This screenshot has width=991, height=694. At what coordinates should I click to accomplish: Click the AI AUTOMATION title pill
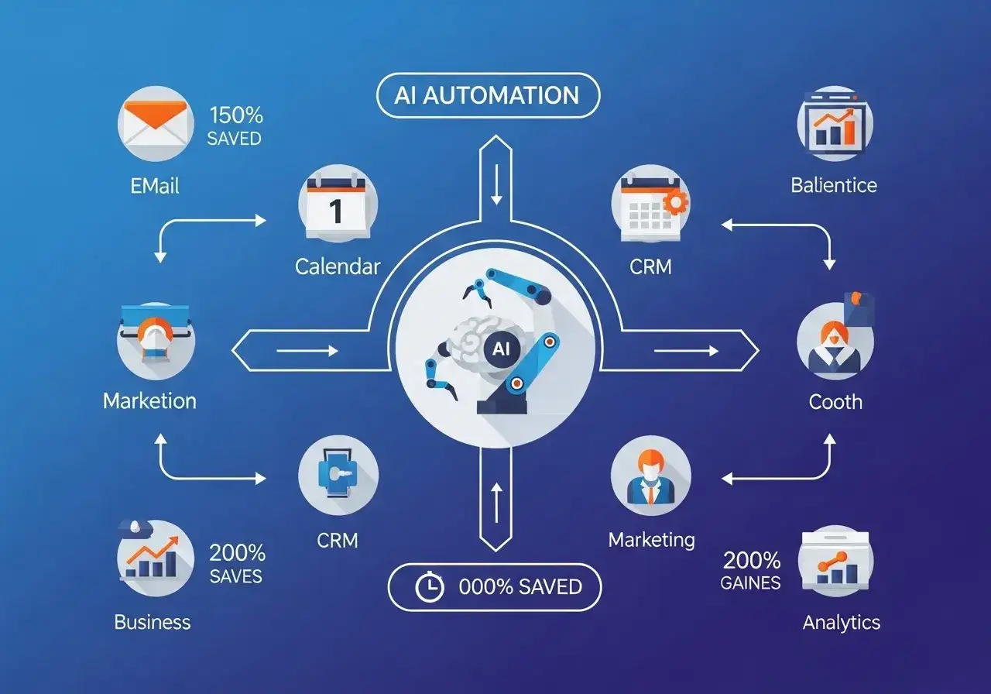point(487,95)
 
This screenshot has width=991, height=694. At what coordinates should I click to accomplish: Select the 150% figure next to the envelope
point(235,116)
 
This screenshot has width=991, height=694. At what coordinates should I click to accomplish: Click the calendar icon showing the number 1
point(338,204)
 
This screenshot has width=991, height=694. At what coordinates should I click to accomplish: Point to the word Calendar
point(338,266)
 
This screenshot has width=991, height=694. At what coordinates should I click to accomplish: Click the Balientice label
point(834,185)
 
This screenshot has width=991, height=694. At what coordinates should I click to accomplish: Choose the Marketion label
point(149,400)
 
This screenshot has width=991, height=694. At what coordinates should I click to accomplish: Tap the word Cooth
point(835,401)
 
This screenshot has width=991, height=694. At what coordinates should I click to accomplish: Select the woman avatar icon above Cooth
point(835,341)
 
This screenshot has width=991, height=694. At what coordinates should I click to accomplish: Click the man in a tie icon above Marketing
point(650,475)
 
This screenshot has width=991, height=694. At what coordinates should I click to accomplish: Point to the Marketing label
point(651,539)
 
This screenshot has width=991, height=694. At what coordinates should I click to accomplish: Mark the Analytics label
point(842,622)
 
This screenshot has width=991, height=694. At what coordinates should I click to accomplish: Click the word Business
point(152,622)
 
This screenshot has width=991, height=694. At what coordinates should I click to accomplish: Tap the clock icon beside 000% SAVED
point(429,588)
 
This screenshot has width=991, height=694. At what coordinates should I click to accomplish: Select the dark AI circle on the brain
point(501,349)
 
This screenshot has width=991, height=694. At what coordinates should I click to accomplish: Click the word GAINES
point(750,583)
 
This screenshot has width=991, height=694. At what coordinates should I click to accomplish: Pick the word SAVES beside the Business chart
point(235,576)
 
